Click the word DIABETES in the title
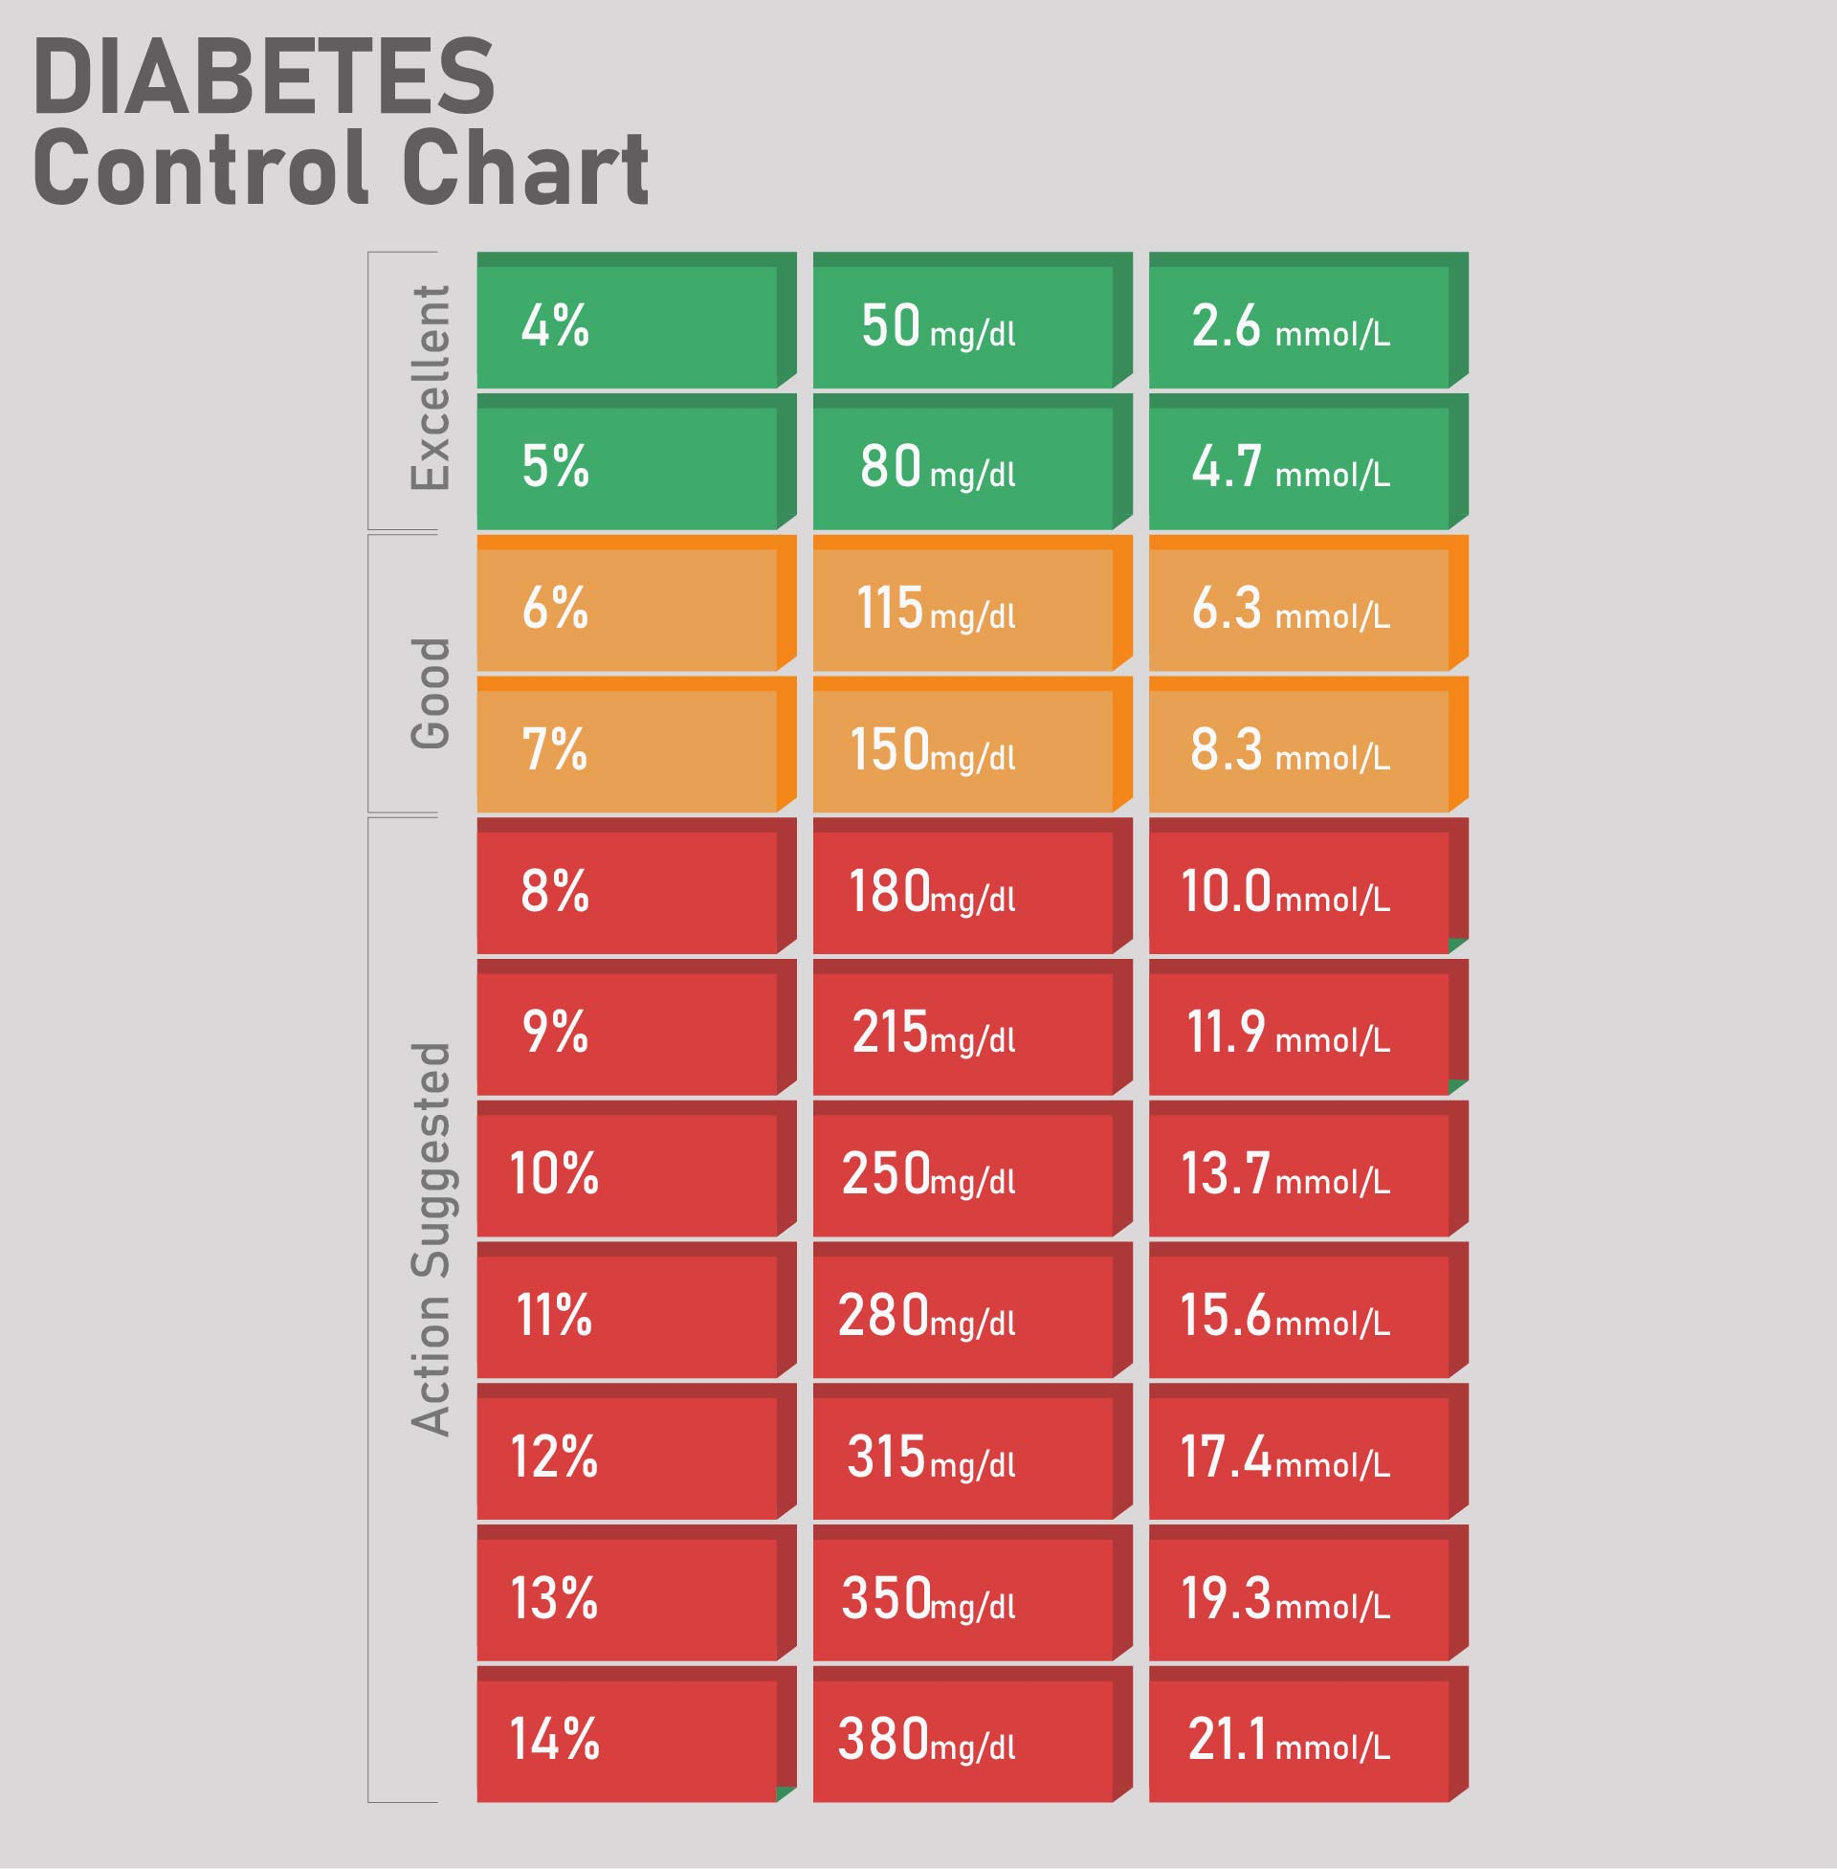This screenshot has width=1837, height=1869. pyautogui.click(x=263, y=78)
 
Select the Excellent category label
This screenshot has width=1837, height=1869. pyautogui.click(x=431, y=388)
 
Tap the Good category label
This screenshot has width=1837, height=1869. pyautogui.click(x=431, y=692)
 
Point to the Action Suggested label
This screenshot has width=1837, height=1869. pyautogui.click(x=431, y=1239)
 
